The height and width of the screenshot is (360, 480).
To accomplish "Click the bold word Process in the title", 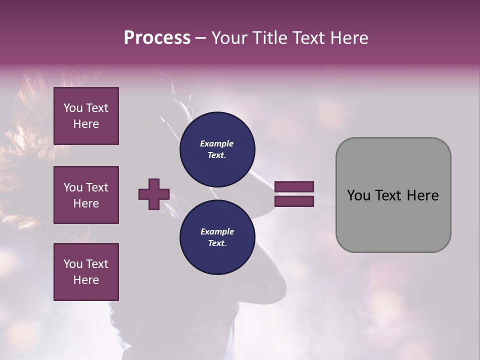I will (x=157, y=38).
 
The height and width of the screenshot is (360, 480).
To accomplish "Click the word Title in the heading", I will (x=270, y=38).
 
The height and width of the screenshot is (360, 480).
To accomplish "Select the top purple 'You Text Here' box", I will (x=86, y=116).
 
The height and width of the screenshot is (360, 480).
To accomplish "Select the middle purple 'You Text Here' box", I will (x=86, y=195).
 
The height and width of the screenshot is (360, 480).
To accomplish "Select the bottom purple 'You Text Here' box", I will (x=86, y=272).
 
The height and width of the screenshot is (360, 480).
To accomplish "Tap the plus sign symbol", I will (x=154, y=194).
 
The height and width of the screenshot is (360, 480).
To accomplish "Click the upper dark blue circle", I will (x=217, y=149).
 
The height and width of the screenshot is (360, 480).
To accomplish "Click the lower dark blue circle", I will (x=217, y=237).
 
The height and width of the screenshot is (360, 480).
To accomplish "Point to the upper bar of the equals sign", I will (x=294, y=186).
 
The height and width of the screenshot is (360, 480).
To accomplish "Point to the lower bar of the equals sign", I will (x=294, y=201).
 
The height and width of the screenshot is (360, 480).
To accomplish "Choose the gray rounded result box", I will (x=393, y=195).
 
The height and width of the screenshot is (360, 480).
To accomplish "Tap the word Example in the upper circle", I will (x=217, y=143).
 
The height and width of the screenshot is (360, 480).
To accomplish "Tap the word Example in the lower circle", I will (x=217, y=231).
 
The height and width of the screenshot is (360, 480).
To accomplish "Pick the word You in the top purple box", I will (x=72, y=108).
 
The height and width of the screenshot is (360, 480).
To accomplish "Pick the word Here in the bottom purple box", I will (x=86, y=280).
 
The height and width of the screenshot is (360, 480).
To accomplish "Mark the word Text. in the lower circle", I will (x=217, y=243).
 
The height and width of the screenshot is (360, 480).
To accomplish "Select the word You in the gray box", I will (x=358, y=195).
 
